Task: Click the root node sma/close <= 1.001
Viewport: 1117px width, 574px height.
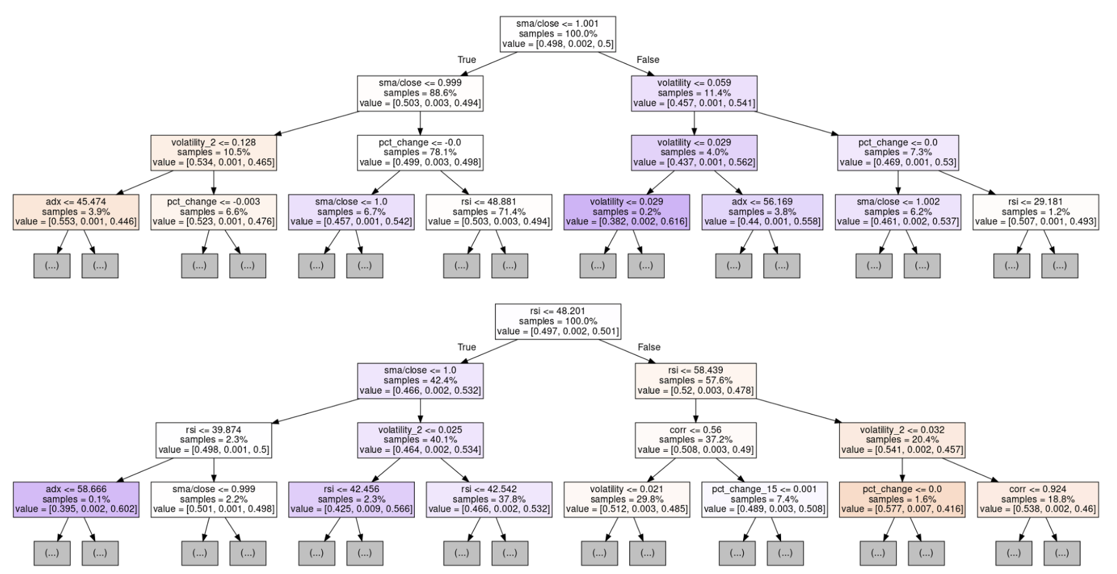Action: point(557,34)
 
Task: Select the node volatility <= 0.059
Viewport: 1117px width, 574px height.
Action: point(694,93)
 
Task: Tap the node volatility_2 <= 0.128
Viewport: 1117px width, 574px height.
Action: point(214,152)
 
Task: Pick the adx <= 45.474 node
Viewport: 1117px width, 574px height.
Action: point(76,212)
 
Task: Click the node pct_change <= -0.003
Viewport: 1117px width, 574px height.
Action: point(214,212)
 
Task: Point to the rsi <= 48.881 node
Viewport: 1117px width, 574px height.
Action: point(489,212)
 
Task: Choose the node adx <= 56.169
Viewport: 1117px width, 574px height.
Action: point(762,212)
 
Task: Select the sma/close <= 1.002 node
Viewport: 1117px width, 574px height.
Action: point(898,212)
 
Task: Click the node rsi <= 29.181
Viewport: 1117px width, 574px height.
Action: point(1036,212)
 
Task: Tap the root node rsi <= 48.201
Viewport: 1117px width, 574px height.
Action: point(558,321)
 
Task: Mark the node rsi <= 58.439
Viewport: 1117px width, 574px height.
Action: point(696,381)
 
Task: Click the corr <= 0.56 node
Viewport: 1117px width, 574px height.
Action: point(696,440)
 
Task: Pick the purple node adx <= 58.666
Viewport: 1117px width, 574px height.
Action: point(76,499)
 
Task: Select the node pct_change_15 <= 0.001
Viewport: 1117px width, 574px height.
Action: point(764,499)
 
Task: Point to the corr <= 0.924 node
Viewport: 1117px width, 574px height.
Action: point(1037,499)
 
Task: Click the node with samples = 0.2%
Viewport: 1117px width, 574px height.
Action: point(626,212)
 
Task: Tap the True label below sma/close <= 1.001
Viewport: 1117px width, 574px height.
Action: point(467,60)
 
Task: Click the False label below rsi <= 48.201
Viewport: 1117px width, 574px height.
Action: point(648,347)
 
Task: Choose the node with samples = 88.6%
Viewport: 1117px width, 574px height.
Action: point(420,93)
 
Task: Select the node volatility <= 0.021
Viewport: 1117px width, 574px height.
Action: point(627,499)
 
